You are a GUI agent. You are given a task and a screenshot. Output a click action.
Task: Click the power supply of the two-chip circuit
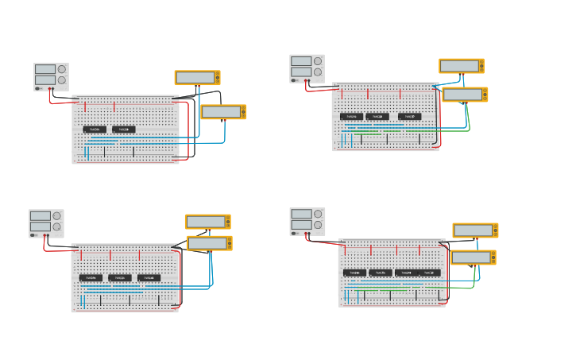(51, 77)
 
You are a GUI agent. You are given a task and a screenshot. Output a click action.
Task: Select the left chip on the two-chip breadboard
(95, 129)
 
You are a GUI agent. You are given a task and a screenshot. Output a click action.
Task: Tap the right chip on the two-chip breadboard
(123, 129)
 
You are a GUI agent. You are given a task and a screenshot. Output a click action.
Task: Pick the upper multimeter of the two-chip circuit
(197, 78)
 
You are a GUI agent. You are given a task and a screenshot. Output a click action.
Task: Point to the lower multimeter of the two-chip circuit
(223, 112)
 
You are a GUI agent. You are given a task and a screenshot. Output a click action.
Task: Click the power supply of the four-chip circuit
(307, 222)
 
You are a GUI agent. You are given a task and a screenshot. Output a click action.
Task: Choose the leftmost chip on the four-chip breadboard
(354, 273)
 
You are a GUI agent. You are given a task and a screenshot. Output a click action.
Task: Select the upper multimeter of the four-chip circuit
(475, 230)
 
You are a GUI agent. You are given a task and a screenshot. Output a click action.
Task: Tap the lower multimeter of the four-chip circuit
(473, 257)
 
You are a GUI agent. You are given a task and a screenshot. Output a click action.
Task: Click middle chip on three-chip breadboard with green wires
(377, 116)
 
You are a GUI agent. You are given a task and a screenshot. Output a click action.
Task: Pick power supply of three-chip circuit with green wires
(307, 68)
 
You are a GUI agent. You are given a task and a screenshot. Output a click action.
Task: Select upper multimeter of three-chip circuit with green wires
(461, 66)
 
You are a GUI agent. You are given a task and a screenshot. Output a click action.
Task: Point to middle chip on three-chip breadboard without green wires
(119, 277)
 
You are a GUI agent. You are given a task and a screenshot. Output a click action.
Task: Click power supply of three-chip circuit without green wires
(46, 223)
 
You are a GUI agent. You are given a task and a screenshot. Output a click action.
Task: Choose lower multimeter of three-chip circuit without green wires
(209, 243)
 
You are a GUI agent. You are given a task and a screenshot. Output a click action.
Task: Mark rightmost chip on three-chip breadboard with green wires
(409, 116)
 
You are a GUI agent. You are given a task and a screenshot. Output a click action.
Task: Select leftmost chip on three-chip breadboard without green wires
(91, 277)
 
